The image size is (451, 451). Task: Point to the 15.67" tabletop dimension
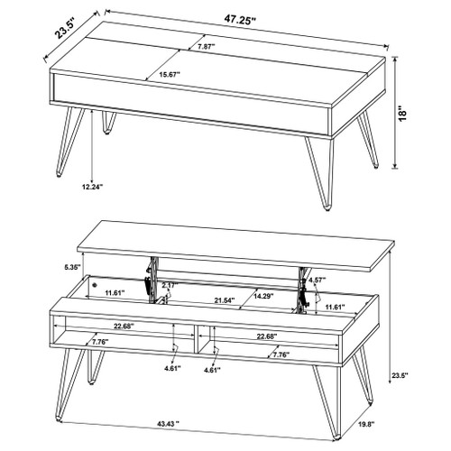(170, 76)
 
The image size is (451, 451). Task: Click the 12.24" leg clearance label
(92, 187)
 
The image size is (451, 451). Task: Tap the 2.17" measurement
(168, 285)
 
